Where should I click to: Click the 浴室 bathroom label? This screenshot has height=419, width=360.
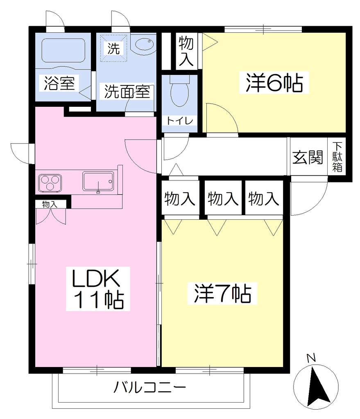[59, 83]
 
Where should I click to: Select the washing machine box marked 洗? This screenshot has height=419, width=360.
[114, 49]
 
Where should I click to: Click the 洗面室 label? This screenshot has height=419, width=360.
[127, 91]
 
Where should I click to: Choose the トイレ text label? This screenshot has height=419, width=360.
[180, 121]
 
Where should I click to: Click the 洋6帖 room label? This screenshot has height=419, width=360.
[274, 83]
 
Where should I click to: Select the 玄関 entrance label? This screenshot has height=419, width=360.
[308, 157]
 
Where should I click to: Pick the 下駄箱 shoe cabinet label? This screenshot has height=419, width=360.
[337, 157]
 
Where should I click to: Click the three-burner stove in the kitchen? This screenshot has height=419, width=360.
[50, 183]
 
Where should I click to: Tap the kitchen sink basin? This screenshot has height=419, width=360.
[98, 181]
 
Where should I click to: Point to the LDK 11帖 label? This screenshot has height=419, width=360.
[98, 289]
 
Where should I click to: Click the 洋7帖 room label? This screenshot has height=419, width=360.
[222, 293]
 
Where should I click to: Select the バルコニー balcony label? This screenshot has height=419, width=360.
[149, 387]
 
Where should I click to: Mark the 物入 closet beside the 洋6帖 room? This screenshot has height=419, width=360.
[186, 52]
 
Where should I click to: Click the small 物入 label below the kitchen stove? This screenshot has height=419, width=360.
[50, 205]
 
